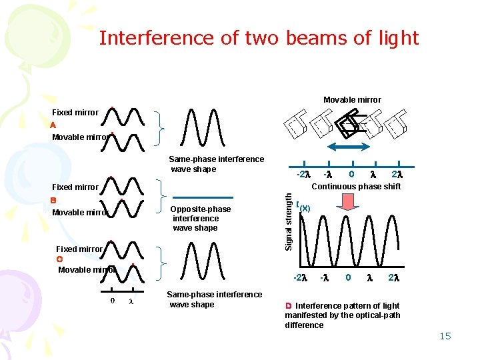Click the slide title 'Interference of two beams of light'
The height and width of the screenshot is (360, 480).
[x=259, y=38]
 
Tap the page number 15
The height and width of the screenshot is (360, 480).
[x=445, y=336]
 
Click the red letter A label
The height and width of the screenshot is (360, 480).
[x=53, y=125]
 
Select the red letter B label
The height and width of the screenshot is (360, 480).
[x=53, y=199]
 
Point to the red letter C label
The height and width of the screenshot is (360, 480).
[x=59, y=259]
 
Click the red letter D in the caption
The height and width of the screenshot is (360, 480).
[x=289, y=305]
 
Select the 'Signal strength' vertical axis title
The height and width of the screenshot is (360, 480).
[x=289, y=221]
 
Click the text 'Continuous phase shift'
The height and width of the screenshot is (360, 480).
[x=357, y=187]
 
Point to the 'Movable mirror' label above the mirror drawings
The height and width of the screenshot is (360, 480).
[x=352, y=100]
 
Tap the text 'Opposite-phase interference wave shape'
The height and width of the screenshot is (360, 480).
[x=201, y=218]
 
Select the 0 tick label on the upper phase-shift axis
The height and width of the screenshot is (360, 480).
[x=351, y=174]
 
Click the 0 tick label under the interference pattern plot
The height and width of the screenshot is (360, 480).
[x=347, y=277]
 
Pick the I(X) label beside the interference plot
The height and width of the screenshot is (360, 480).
[x=303, y=207]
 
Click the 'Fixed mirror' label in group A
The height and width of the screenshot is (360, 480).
[x=75, y=113]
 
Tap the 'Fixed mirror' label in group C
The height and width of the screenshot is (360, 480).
[x=79, y=249]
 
